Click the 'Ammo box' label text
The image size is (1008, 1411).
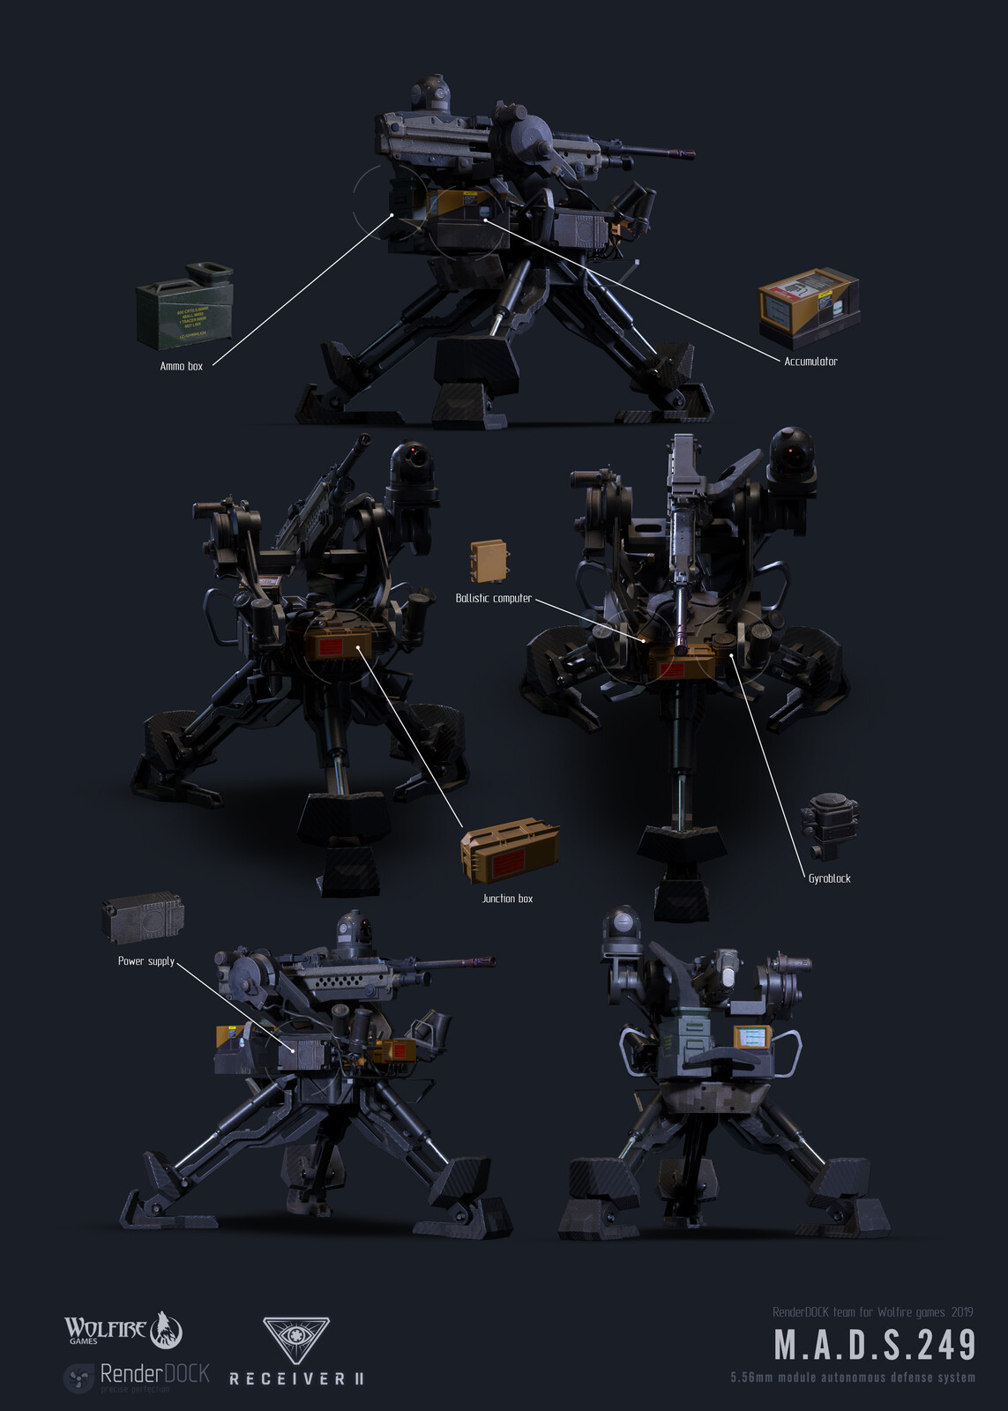tap(181, 366)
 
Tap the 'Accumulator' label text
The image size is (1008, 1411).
tap(810, 361)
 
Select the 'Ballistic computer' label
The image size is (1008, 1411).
tap(493, 598)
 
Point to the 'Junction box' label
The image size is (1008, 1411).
tap(507, 899)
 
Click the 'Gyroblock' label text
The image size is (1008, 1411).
tap(829, 878)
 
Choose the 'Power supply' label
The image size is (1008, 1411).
tap(146, 961)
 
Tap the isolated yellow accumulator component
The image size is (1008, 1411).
tap(808, 301)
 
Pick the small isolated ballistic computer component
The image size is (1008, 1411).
tap(489, 561)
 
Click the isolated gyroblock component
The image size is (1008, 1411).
tap(830, 825)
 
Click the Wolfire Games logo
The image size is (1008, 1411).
tap(123, 1330)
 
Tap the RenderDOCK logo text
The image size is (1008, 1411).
tap(154, 1374)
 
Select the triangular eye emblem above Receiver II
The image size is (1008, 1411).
tap(295, 1340)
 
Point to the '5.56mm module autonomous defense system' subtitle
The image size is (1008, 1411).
tap(852, 1377)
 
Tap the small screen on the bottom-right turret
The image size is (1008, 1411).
tap(752, 1037)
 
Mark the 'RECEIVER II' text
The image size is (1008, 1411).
tap(296, 1378)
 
